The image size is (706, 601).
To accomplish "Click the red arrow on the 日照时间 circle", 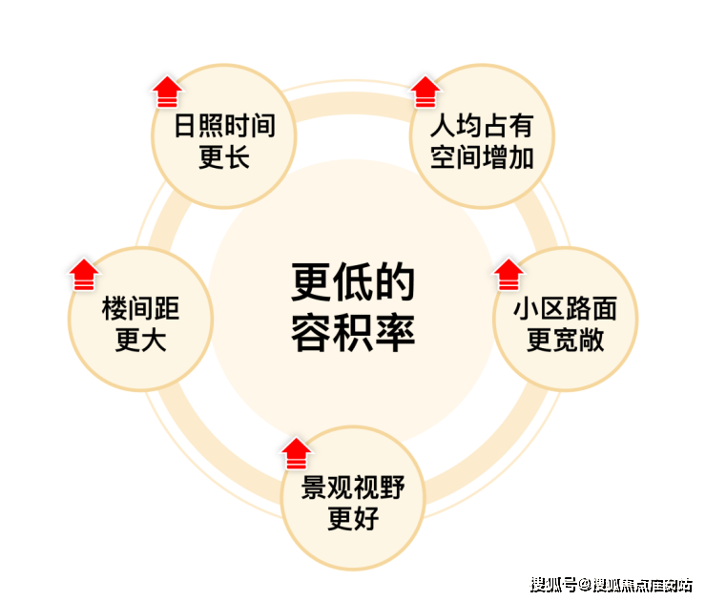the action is (x=168, y=92).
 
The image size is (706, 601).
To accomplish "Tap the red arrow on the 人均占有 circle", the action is (x=426, y=92).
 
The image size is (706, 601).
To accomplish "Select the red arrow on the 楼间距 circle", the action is (x=84, y=275).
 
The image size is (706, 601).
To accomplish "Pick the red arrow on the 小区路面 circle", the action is (x=509, y=275).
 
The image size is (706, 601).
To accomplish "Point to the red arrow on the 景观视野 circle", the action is (x=297, y=453).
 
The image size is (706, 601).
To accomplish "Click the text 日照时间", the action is (x=224, y=126).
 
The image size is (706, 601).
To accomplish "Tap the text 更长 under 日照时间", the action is (x=224, y=157).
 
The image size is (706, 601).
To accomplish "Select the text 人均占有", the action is (x=482, y=126).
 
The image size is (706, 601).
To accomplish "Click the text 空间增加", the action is (x=482, y=157).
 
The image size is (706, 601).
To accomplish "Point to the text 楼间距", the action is (x=141, y=308).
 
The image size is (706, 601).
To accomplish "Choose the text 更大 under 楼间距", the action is (x=141, y=340).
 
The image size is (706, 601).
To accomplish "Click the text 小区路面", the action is (x=566, y=308).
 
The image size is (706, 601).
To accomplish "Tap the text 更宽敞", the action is (x=566, y=340).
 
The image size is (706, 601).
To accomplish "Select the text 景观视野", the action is (x=353, y=487).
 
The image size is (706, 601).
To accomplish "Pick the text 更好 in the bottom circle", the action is (x=353, y=519).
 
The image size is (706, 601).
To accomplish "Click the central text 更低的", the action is (x=353, y=282).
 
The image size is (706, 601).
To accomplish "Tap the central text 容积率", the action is (x=353, y=332).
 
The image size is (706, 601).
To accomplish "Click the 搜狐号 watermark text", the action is (x=553, y=585).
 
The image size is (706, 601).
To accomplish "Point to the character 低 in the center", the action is (x=353, y=282).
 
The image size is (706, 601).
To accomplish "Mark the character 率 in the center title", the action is (x=395, y=332).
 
